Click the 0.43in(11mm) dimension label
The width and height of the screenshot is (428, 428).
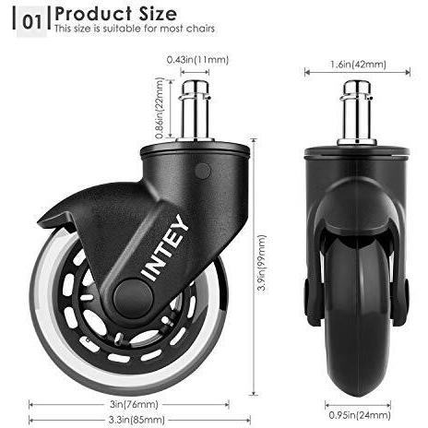(x=197, y=60)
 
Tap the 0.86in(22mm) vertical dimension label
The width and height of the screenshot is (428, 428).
(x=159, y=108)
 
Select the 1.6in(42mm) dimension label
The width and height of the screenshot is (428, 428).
(x=358, y=65)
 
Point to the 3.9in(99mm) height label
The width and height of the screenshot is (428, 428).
(x=262, y=263)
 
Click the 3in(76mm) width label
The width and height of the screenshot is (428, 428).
(x=134, y=404)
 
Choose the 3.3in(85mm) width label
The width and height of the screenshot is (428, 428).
(x=137, y=420)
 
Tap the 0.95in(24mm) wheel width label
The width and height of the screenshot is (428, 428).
(x=360, y=415)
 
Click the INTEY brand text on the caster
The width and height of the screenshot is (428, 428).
(x=166, y=248)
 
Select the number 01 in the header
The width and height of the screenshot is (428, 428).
(x=31, y=22)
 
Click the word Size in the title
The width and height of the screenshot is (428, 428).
(x=158, y=14)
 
